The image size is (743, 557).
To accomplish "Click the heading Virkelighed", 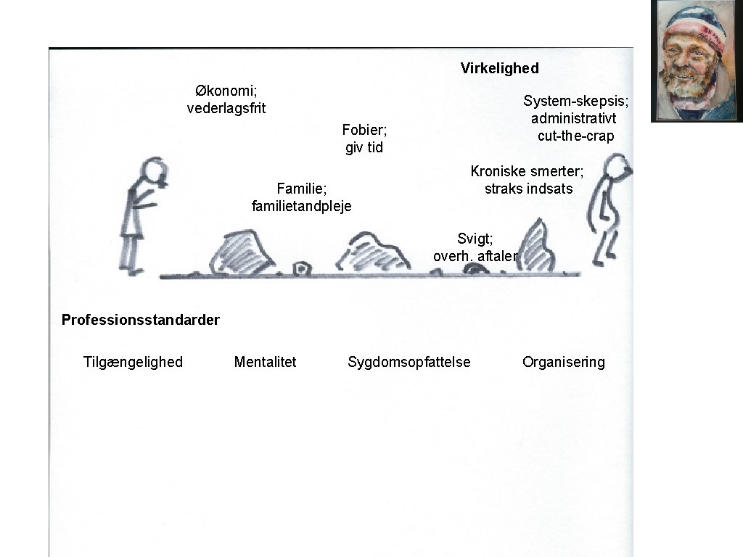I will click(x=499, y=68).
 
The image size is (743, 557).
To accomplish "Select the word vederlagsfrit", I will click(x=226, y=109).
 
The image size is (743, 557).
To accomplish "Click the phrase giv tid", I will click(x=364, y=148).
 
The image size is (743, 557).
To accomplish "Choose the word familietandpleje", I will click(x=301, y=206).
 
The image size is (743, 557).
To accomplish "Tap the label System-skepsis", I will click(x=575, y=101).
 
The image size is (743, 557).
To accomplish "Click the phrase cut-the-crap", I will click(x=575, y=136).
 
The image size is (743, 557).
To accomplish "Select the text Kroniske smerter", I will click(x=527, y=171).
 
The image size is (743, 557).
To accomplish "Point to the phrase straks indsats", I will click(x=528, y=189).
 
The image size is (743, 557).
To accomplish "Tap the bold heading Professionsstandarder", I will click(x=141, y=319).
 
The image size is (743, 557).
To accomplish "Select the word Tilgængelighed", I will click(x=133, y=362).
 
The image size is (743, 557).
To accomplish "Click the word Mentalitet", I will click(x=265, y=362).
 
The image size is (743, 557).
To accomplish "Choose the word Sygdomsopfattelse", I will click(x=409, y=362).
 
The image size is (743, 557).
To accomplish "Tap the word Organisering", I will click(x=563, y=362).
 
